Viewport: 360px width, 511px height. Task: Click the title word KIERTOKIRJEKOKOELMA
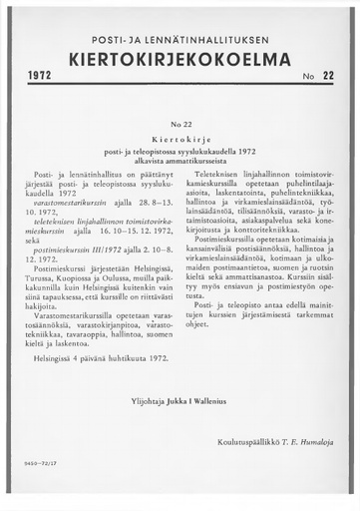(180, 59)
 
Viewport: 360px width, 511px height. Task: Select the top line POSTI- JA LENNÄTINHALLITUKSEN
(180, 37)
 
